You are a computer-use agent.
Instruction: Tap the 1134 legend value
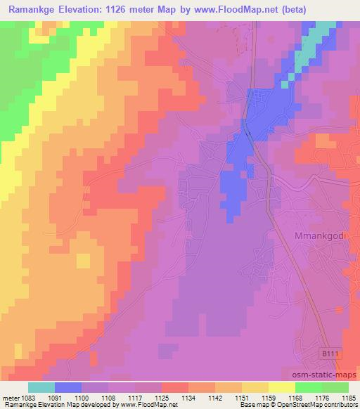pos(188,398)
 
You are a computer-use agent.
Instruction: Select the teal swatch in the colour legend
pos(41,387)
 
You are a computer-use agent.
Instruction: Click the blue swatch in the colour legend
pos(67,387)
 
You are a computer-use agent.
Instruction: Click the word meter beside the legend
pos(11,398)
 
